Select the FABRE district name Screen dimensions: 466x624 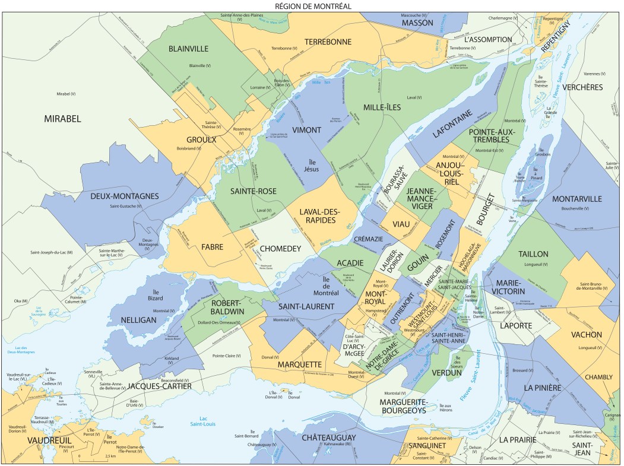(x=212, y=248)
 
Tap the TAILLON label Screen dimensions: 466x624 (x=533, y=253)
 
